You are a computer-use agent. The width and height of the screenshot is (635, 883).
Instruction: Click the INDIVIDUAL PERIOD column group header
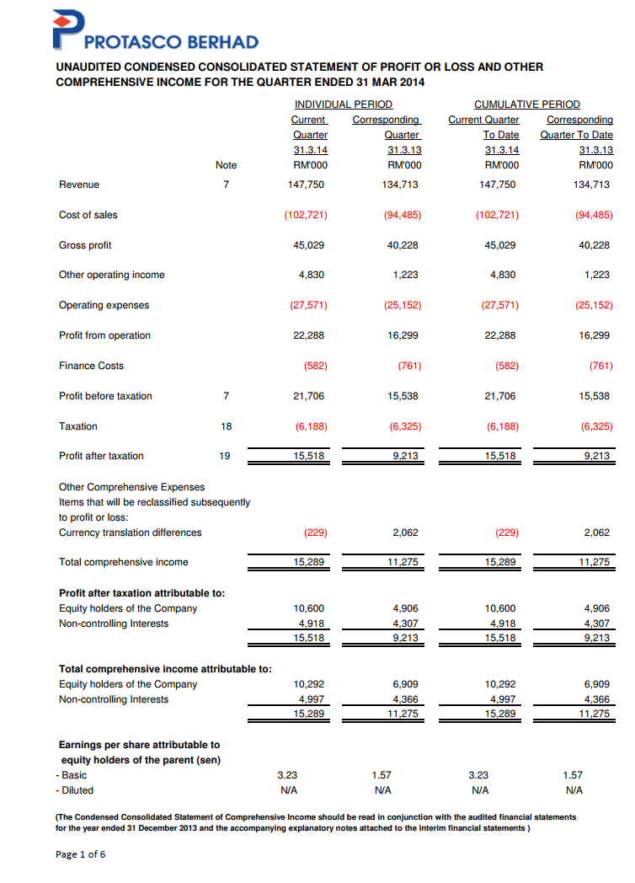[343, 104]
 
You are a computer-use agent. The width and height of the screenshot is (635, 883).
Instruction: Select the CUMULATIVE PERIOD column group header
[527, 104]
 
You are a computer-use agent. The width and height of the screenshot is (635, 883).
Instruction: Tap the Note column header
[226, 165]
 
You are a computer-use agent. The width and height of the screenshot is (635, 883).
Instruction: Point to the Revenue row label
[79, 185]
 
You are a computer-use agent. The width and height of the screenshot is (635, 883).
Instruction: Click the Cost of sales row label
[88, 215]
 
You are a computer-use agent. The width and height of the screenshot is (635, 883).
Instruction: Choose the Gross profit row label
[85, 245]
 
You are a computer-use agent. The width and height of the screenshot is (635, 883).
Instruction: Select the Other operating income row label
[112, 275]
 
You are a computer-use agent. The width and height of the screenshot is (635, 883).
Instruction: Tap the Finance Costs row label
[91, 366]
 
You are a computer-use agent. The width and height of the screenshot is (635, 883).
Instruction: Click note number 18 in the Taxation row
[226, 426]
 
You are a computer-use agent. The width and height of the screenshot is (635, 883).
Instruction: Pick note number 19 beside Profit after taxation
[226, 456]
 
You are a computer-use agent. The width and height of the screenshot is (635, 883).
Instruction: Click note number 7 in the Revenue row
[226, 185]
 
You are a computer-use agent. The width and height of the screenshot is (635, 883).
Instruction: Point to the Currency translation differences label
[131, 532]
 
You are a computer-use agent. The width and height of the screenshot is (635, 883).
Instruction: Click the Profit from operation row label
[105, 335]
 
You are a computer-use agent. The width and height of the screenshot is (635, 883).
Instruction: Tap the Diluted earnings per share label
[75, 790]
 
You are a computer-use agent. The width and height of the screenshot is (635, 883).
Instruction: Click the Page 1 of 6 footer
[81, 854]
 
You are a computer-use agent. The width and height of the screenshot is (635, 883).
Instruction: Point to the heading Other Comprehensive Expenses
[131, 487]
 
